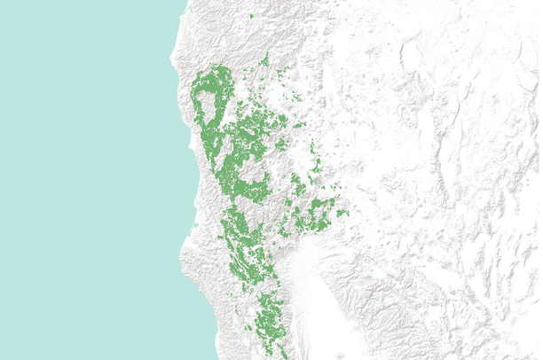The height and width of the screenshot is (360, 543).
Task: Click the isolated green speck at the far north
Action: coord(252,16)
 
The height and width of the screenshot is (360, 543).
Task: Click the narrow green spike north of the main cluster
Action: coord(265,59)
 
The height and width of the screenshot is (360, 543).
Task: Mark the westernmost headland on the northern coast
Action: coord(173,62)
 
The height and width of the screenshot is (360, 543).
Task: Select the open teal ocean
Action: coord(80,177)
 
